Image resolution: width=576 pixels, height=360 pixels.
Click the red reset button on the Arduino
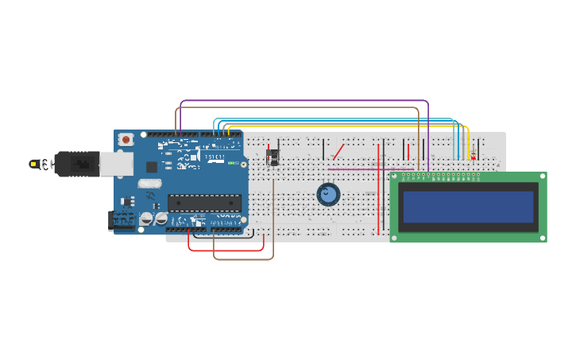pos(125,140)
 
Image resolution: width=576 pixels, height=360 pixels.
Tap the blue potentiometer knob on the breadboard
pos(328,194)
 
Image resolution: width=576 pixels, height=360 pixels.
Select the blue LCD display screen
pos(467,207)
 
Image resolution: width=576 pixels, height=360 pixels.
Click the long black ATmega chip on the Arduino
pos(204,203)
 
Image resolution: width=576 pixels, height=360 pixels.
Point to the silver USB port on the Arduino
pos(116,164)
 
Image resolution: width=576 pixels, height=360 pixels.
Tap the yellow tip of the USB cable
pos(34,164)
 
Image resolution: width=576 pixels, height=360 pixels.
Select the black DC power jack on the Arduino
pos(118,221)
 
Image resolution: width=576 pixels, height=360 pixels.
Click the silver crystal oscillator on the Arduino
pos(149,184)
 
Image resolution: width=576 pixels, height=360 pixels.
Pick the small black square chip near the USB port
pos(151,167)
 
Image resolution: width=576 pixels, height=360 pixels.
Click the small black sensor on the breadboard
pos(273,157)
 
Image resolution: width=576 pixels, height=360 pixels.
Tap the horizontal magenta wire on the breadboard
pos(358,168)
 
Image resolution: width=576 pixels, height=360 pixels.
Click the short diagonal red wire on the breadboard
pos(338,151)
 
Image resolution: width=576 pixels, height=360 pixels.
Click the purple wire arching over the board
pos(302,101)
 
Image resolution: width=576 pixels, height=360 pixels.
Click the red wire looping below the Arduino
pos(226,250)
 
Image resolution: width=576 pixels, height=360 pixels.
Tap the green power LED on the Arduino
pos(230,163)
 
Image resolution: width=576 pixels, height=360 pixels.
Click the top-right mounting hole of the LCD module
pos(543,176)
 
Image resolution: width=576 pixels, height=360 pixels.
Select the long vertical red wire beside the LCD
pos(378,191)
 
